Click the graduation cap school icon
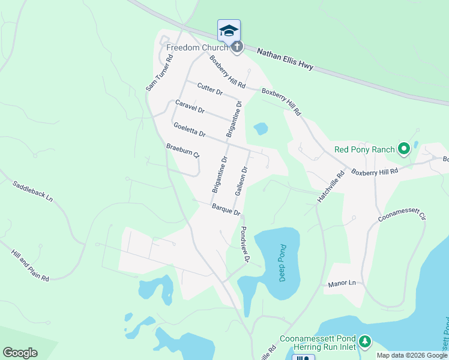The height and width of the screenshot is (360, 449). [229, 31]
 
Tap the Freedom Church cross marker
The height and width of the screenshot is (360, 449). [237, 47]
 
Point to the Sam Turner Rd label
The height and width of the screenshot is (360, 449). [159, 73]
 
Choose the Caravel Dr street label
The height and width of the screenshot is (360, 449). [190, 107]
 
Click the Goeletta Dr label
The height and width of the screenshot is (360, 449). [189, 129]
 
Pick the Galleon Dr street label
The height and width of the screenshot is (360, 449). [241, 181]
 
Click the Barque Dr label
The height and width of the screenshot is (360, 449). [226, 209]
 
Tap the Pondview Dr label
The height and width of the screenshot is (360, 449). [244, 245]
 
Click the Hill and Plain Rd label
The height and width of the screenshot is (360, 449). [29, 265]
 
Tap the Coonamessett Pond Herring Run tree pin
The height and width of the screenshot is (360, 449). [365, 343]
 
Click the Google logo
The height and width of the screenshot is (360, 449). [20, 352]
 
